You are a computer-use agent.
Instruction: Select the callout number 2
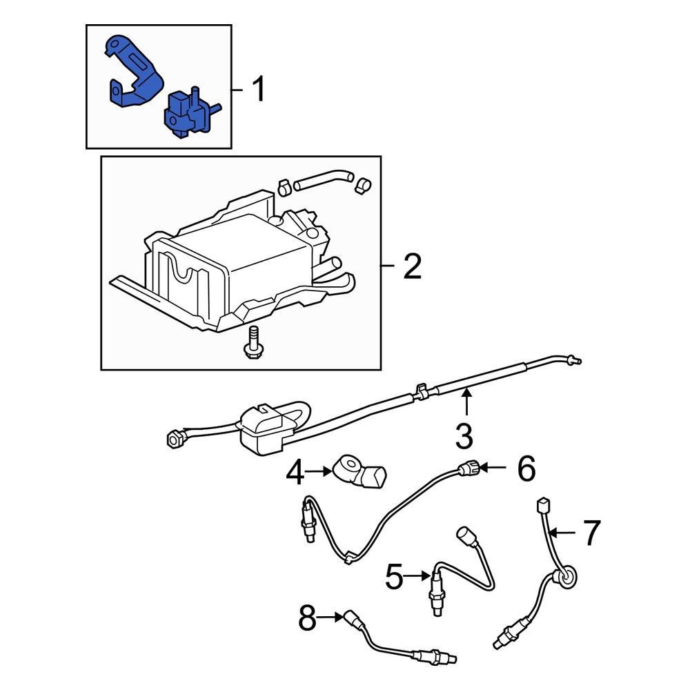[411, 266]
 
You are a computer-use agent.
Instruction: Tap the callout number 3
[464, 435]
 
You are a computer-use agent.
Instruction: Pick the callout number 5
[393, 576]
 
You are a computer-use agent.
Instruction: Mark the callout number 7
[592, 533]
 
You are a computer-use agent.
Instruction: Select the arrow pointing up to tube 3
[466, 400]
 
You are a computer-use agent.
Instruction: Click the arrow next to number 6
[494, 469]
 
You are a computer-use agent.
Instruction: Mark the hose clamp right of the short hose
[362, 184]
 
